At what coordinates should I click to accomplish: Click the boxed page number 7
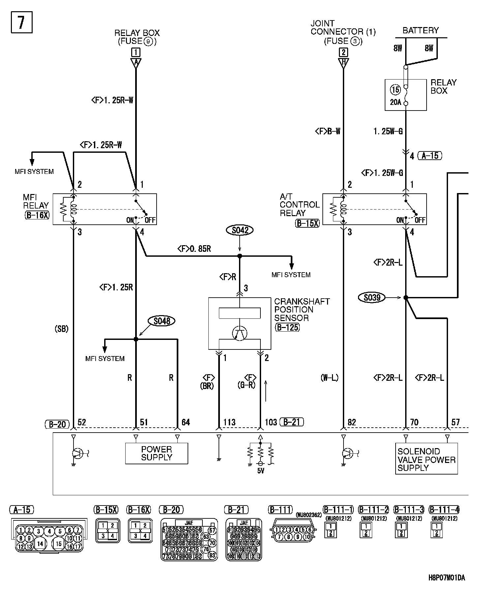tap(22, 22)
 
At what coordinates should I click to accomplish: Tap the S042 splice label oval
tap(240, 230)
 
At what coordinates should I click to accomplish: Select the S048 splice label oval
tap(162, 321)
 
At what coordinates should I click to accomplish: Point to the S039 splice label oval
tap(372, 298)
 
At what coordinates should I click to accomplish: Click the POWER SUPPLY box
tap(157, 453)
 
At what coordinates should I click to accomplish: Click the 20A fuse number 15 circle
tap(395, 89)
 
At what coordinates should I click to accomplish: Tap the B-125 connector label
tap(287, 327)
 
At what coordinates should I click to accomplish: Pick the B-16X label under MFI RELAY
tap(37, 215)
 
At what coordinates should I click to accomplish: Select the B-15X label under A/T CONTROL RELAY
tap(307, 223)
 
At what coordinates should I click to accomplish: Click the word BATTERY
tap(421, 31)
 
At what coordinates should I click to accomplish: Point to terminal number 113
tap(229, 422)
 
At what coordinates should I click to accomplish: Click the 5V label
tap(260, 471)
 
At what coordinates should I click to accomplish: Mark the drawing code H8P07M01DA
tap(447, 577)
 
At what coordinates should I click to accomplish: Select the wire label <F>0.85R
tap(194, 249)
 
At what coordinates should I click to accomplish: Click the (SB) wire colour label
tap(62, 329)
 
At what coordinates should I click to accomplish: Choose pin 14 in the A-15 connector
tap(40, 543)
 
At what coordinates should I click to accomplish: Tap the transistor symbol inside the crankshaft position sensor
tap(240, 334)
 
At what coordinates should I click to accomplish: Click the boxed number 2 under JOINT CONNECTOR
tap(343, 52)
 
